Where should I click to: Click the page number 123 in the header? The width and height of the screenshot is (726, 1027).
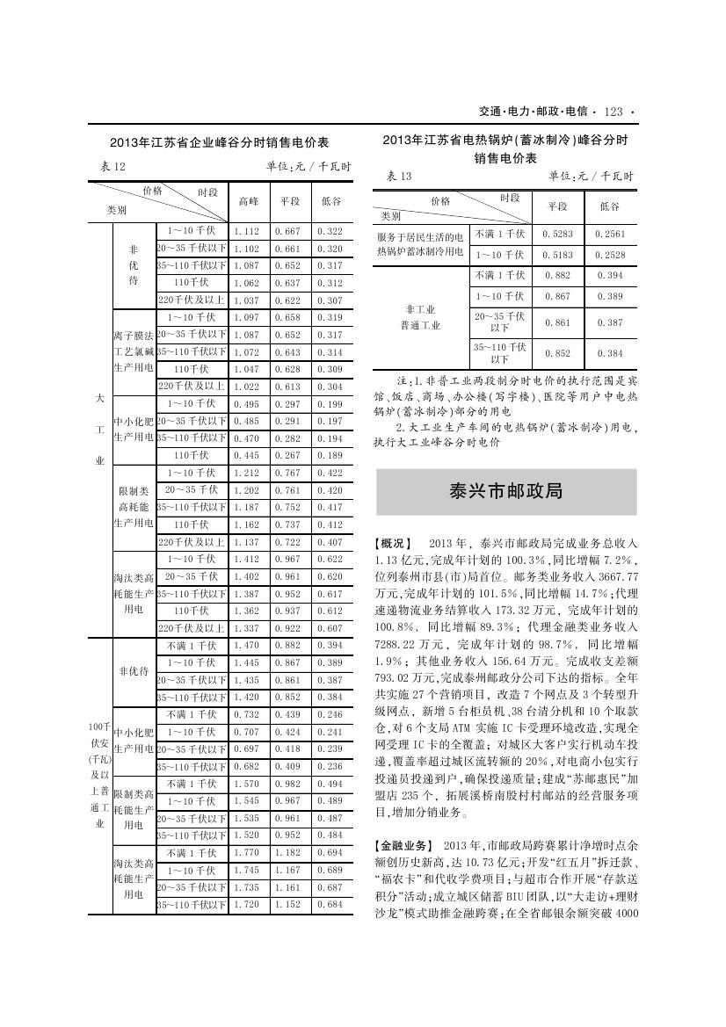[613, 112]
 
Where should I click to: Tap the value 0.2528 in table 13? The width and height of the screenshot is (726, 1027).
[609, 255]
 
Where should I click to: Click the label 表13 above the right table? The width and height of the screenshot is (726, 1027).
[398, 176]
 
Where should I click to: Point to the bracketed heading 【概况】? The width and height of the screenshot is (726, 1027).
[393, 544]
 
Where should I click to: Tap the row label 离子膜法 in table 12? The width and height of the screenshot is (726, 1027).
[134, 335]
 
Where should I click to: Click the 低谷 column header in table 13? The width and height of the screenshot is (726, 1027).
[609, 206]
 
